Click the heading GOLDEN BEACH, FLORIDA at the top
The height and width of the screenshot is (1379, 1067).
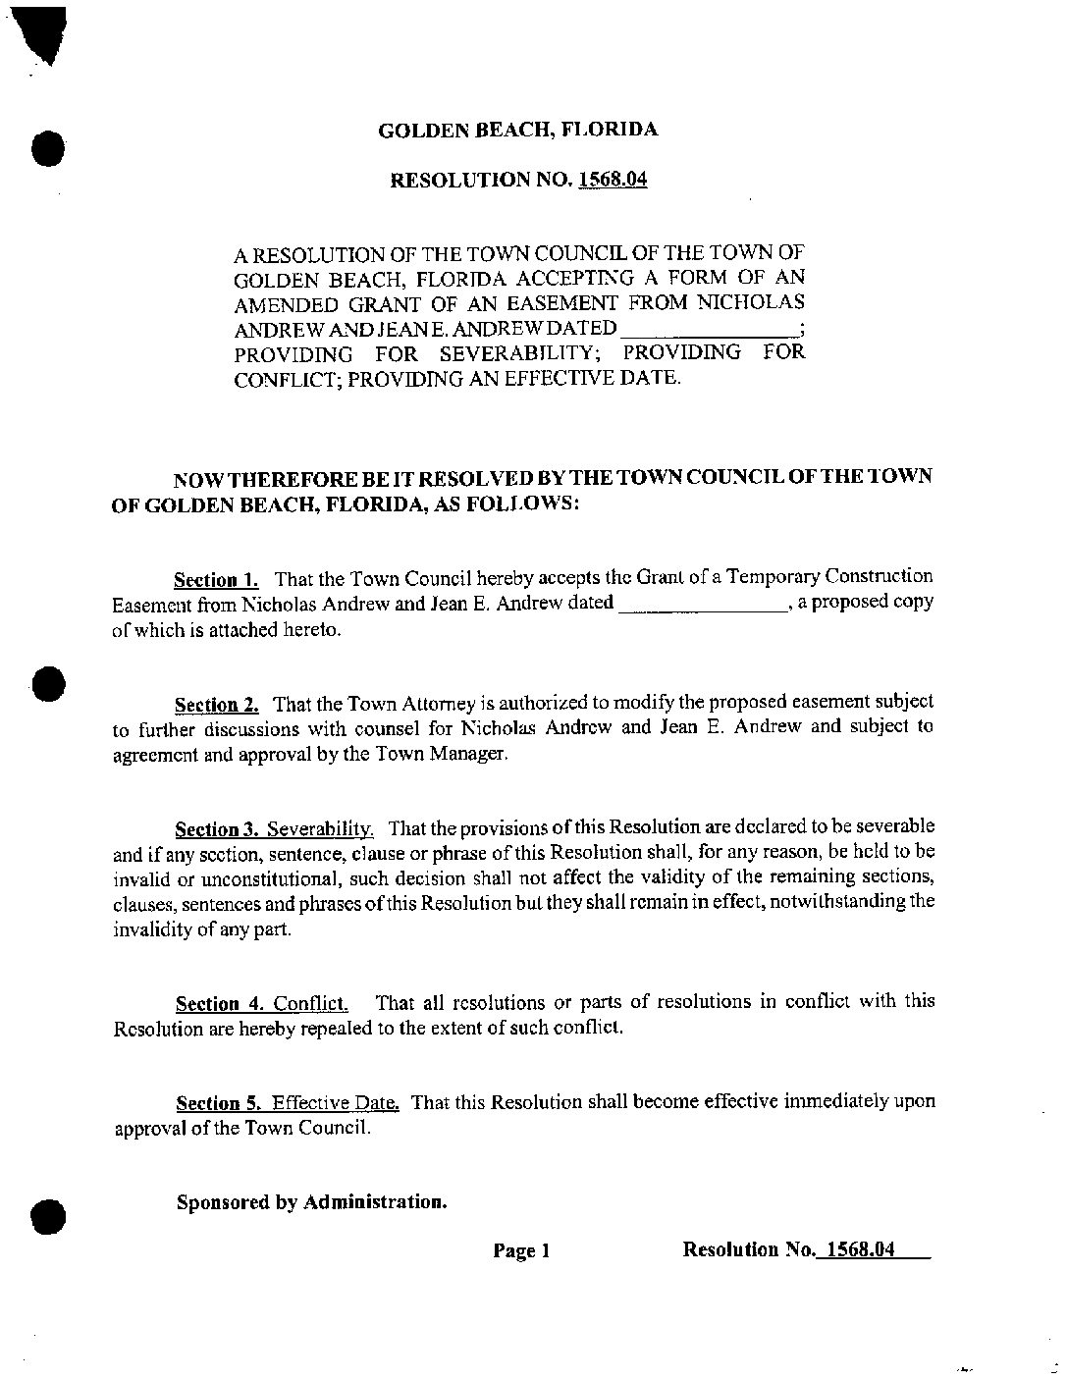point(517,130)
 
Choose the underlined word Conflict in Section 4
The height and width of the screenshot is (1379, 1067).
point(309,1003)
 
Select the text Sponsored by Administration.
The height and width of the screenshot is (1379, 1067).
point(311,1201)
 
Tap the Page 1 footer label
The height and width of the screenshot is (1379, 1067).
point(521,1250)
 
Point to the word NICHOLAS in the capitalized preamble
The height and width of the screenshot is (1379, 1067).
point(760,302)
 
